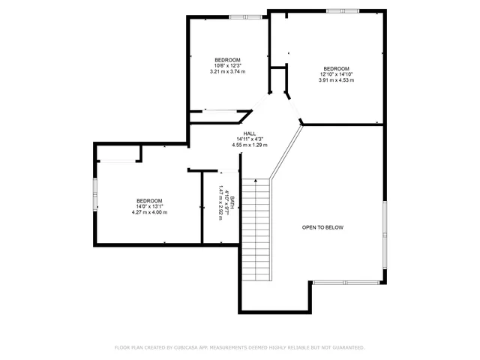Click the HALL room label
coord(250,133)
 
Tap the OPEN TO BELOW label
coord(322,227)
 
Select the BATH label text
coord(232,202)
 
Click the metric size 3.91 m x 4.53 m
coord(336,80)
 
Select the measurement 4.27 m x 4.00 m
coord(149,212)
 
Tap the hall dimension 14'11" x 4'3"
coord(250,139)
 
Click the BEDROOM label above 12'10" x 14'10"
coord(336,68)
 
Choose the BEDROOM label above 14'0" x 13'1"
coord(149,200)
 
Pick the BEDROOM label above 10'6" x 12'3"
coord(227,60)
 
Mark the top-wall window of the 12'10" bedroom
coord(341,10)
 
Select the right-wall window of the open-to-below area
coord(385,236)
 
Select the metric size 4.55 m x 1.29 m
coord(250,145)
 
